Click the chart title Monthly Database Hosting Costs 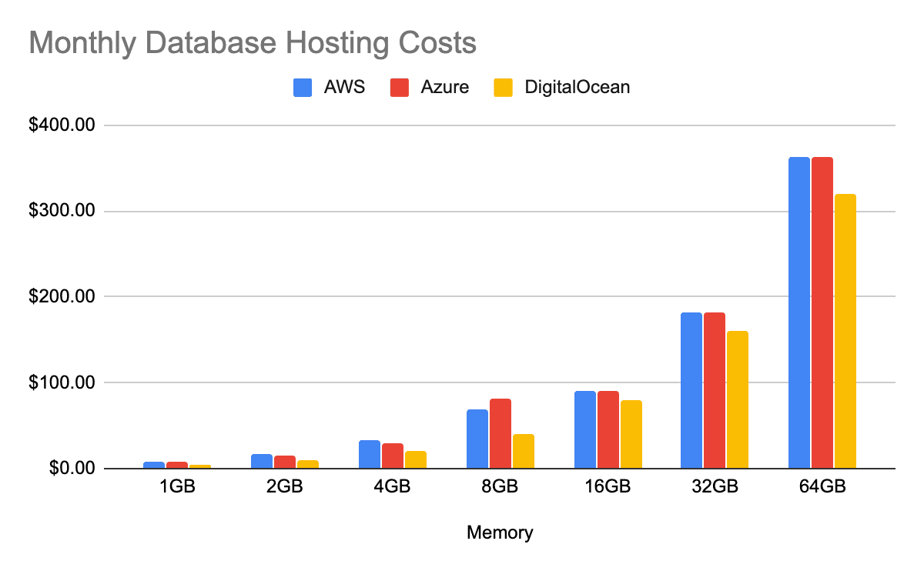click(x=253, y=43)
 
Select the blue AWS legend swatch click(x=303, y=87)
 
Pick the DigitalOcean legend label click(x=577, y=87)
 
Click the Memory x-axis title click(x=500, y=532)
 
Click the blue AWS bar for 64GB click(x=799, y=312)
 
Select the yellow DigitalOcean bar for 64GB click(x=845, y=331)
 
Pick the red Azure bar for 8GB click(x=500, y=433)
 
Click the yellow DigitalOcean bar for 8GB click(x=523, y=451)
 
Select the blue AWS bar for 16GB click(x=584, y=429)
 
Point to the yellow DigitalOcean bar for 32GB click(x=738, y=399)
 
